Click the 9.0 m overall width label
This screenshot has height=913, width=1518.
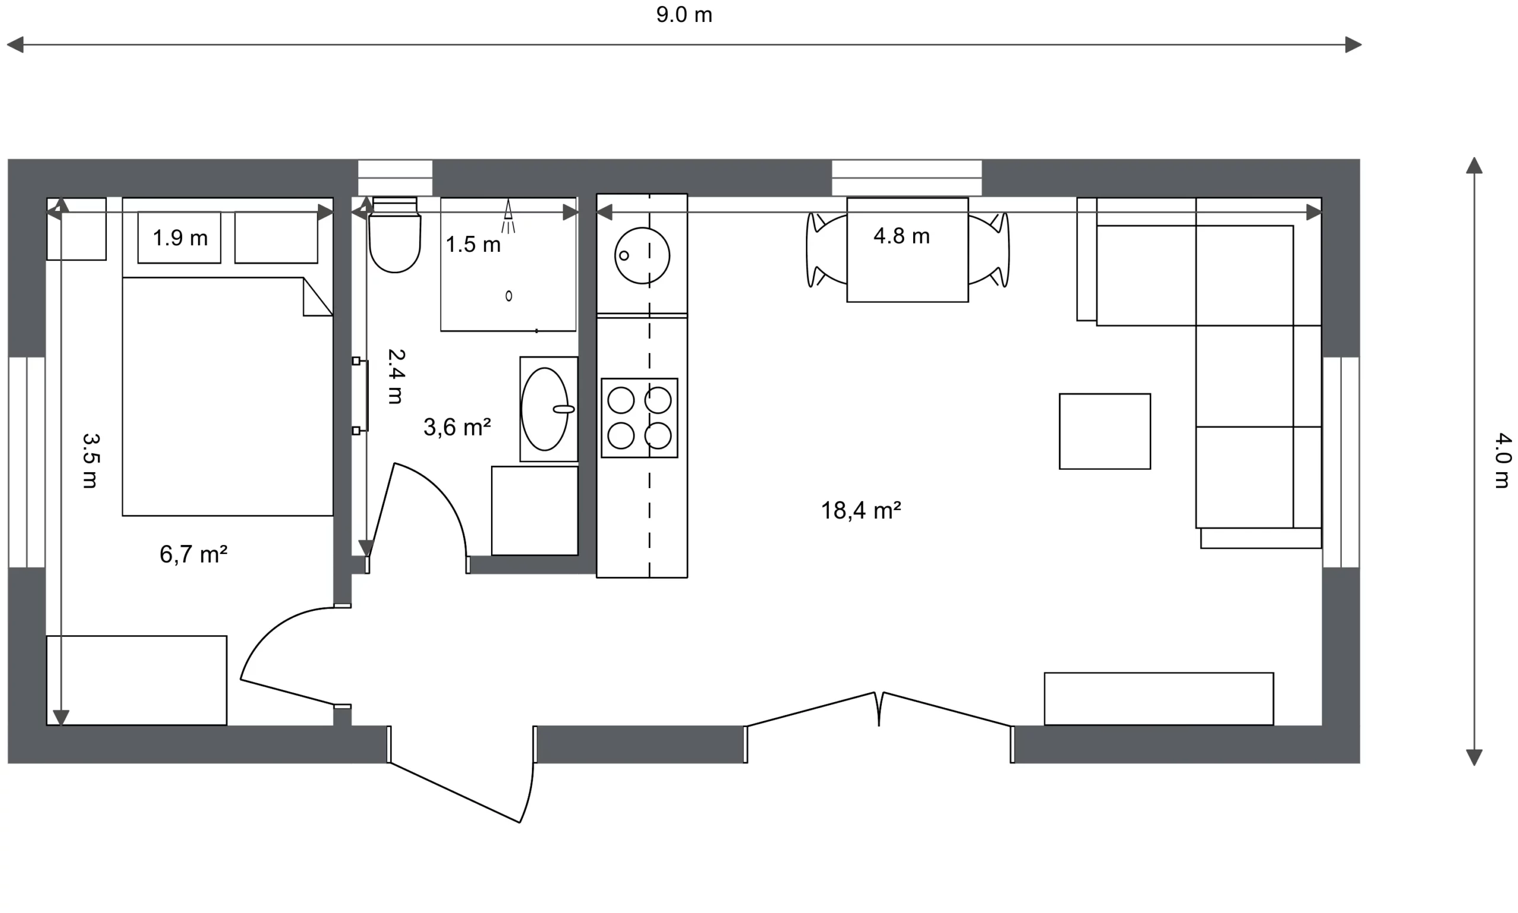pos(684,15)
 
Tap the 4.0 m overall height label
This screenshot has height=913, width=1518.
pos(1503,461)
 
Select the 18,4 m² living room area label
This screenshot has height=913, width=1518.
pos(860,510)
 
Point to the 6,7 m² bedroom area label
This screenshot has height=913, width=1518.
pos(193,555)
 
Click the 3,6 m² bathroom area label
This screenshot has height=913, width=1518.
pos(457,427)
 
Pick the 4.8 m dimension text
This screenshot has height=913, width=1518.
pos(901,236)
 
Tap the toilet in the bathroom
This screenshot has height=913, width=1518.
pos(394,235)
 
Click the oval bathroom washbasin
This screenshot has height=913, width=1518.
pos(546,409)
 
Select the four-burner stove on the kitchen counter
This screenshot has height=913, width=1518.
pos(639,418)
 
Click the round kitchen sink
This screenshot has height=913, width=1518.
pos(642,255)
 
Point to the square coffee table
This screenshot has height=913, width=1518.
pos(1104,431)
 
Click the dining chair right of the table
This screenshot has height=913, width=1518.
pos(988,250)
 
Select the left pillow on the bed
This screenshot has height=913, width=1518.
pos(179,238)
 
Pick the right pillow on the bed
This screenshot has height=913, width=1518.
pos(276,238)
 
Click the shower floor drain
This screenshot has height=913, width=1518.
pos(508,296)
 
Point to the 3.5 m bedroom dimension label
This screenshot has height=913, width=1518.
pos(91,461)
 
